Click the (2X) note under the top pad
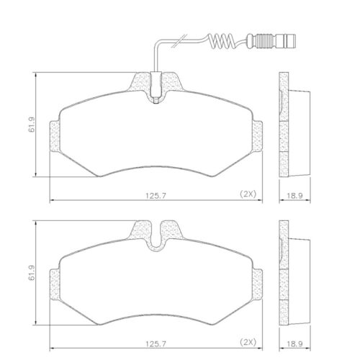[x=248, y=193]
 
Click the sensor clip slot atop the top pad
[x=156, y=90]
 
